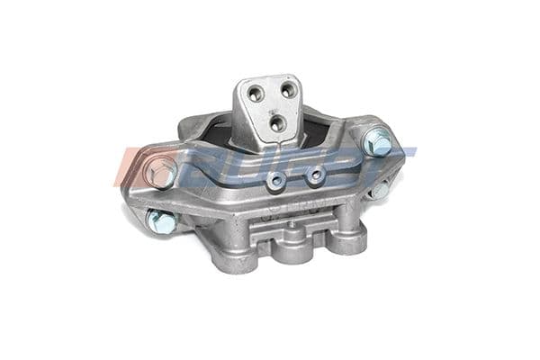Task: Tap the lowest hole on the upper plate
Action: (276, 120)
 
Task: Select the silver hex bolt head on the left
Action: (162, 172)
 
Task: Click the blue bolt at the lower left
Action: (162, 220)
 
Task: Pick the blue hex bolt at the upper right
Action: (378, 142)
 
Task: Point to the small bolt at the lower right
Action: (380, 190)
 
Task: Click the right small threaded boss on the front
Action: (314, 175)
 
